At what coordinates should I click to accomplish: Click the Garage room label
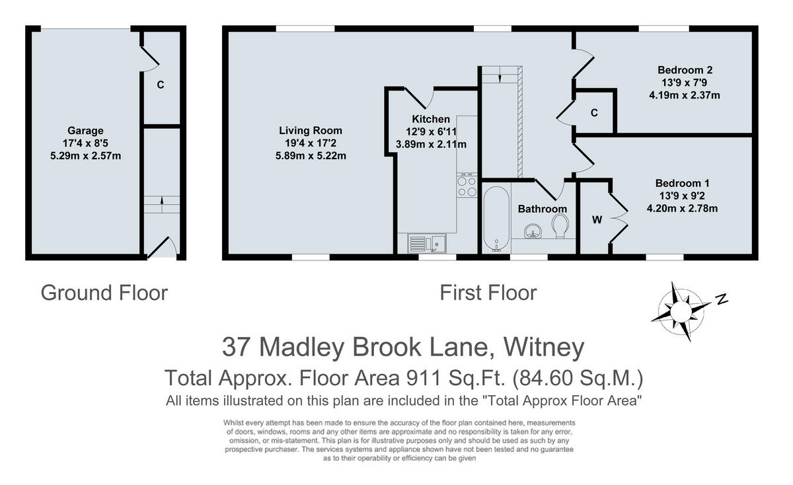point(85,131)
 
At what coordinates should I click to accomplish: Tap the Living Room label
point(311,131)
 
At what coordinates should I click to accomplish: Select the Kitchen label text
point(431,120)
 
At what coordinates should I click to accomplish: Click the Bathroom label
point(542,209)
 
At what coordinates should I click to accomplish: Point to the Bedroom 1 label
point(683,183)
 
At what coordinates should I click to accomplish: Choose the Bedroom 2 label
point(684,70)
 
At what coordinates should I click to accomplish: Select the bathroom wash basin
point(533,231)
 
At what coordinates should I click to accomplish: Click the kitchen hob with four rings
point(467,185)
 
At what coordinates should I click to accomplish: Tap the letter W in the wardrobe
point(597,220)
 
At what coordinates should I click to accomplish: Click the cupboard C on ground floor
point(160,85)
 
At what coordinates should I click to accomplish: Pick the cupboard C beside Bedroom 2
point(594,113)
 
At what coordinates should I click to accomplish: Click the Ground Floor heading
point(104,292)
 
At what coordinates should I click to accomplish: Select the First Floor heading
point(488,292)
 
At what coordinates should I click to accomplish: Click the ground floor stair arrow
point(161,202)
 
